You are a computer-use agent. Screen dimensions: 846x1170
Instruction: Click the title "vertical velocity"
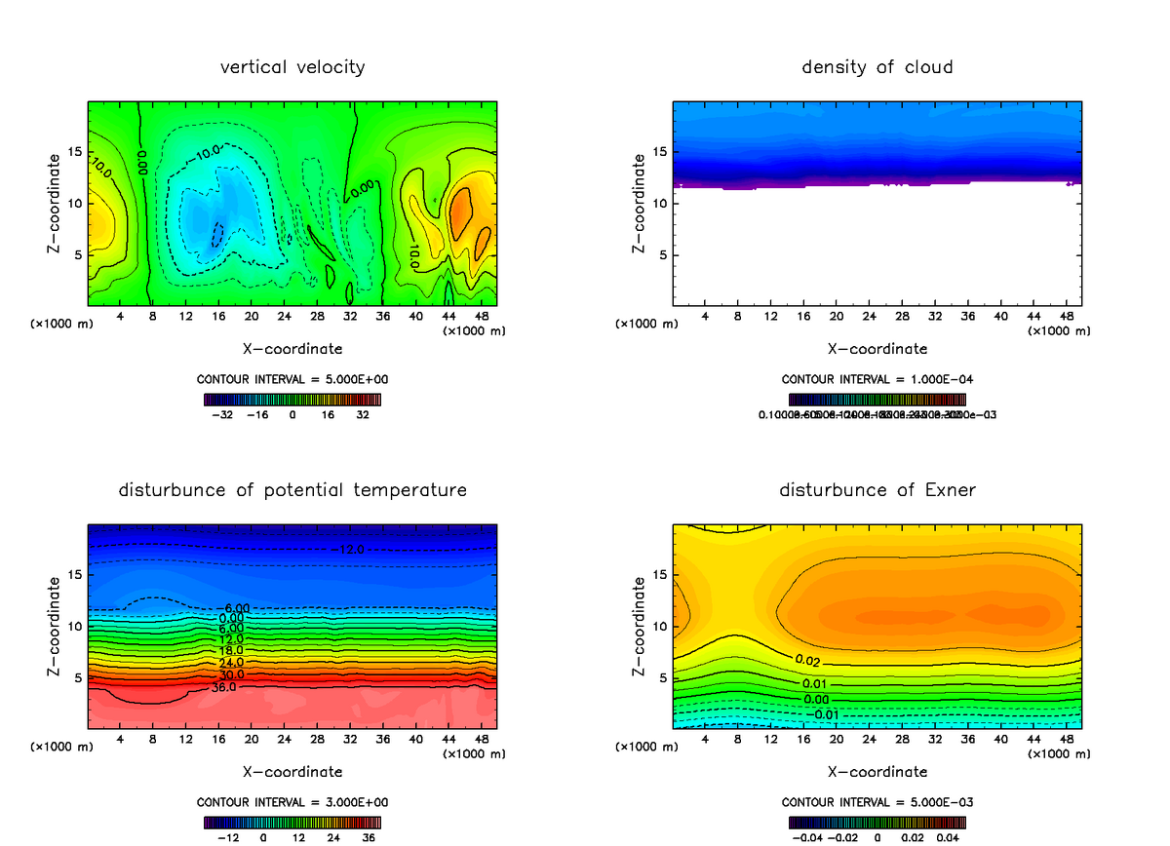tap(292, 67)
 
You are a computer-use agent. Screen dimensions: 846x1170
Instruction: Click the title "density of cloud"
tap(877, 67)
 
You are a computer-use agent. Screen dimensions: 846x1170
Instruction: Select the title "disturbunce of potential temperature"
tap(292, 489)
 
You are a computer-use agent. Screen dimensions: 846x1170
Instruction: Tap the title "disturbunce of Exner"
tap(877, 489)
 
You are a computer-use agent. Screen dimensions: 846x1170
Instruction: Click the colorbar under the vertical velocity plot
tap(292, 399)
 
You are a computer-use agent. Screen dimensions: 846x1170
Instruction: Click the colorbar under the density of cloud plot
tap(877, 399)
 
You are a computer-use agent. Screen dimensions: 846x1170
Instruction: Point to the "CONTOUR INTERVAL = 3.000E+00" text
tap(292, 802)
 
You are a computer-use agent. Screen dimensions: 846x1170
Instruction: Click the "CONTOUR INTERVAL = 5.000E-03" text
tap(877, 802)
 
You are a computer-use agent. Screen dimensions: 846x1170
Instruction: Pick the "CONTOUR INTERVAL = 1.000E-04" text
tap(877, 379)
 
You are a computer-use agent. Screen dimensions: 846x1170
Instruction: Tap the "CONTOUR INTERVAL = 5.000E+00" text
tap(292, 379)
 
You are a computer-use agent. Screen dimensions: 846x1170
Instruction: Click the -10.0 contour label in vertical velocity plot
tap(208, 152)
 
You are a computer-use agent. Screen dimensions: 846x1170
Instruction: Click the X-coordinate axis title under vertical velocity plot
tap(292, 348)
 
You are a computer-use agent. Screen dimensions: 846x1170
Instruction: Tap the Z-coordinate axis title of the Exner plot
tap(639, 627)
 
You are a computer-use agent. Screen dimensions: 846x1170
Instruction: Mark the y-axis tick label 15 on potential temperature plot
tap(75, 575)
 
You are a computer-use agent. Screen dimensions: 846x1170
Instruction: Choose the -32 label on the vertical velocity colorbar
tap(224, 414)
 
